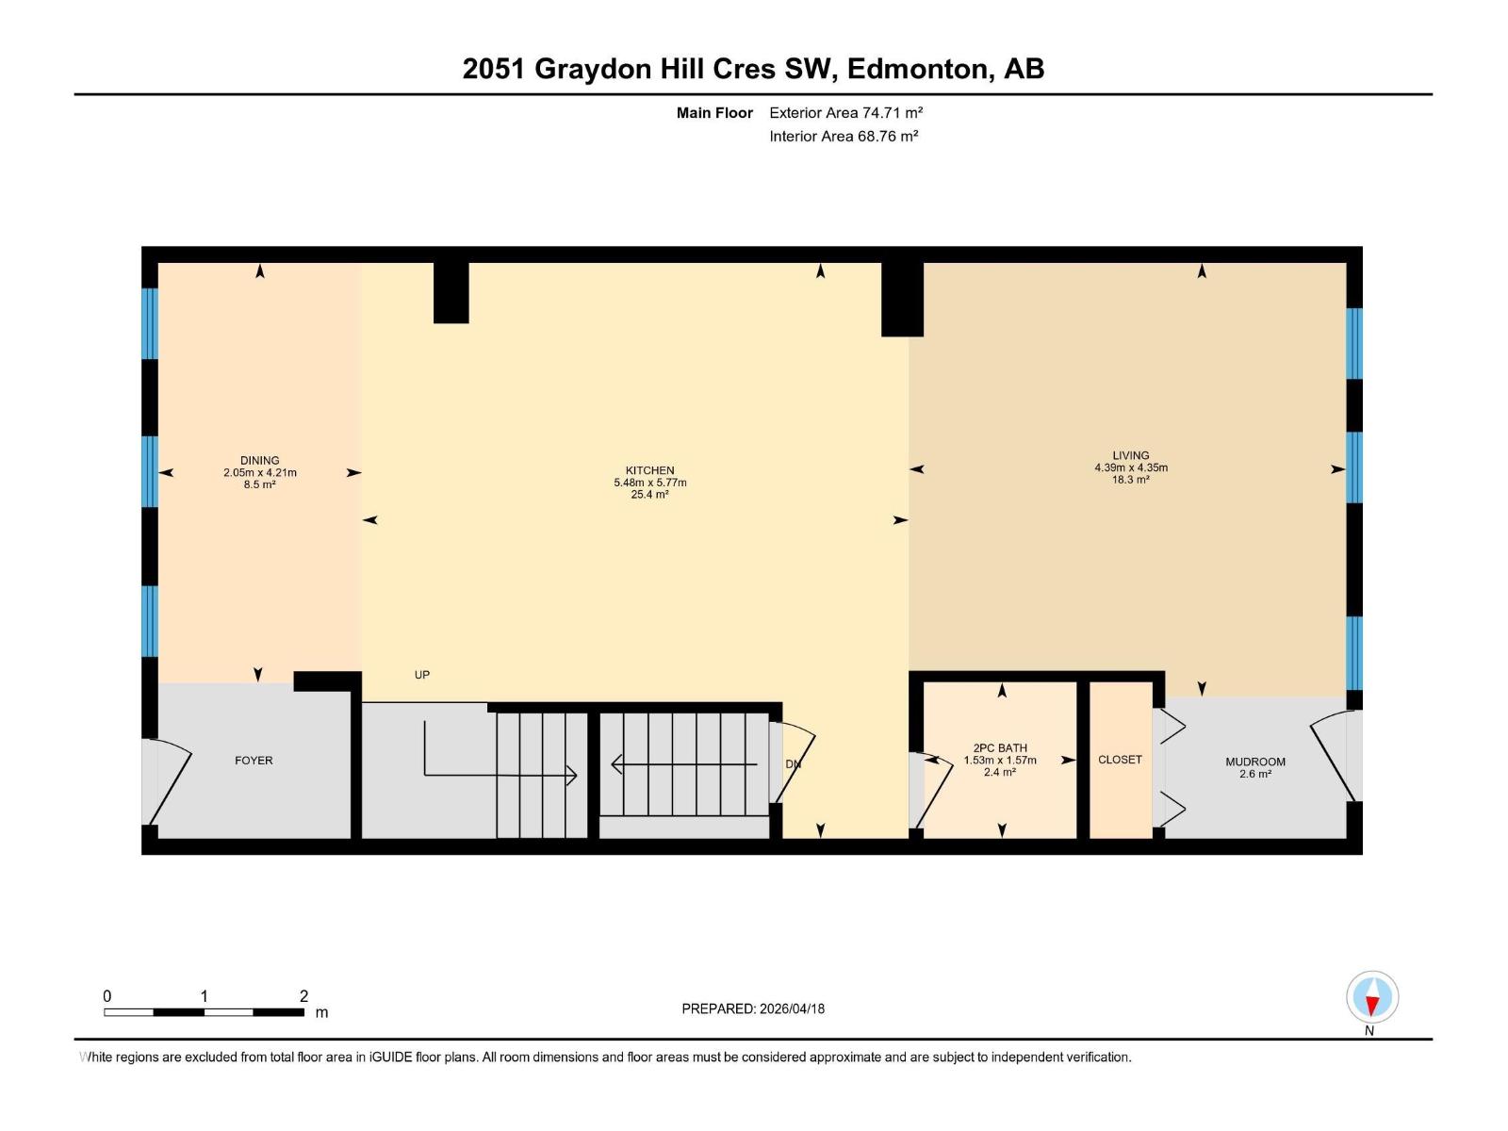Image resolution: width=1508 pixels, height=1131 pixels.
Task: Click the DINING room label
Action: tap(259, 461)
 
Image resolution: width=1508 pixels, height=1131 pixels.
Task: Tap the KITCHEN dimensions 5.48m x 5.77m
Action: tap(649, 483)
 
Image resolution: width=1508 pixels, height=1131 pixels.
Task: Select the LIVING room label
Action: tap(1130, 455)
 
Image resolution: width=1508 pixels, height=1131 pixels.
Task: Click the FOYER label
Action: tap(254, 761)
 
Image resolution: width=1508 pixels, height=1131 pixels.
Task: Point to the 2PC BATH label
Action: tap(1000, 748)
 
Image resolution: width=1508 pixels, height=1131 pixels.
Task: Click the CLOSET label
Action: tap(1120, 760)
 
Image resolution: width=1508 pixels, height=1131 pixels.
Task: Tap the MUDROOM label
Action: tap(1254, 762)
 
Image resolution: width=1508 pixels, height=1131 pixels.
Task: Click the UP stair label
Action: tap(422, 675)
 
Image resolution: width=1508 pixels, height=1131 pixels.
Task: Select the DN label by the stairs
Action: tap(793, 764)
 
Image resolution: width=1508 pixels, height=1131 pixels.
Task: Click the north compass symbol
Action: tap(1371, 998)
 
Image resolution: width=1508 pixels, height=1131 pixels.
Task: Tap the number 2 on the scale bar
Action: tap(303, 996)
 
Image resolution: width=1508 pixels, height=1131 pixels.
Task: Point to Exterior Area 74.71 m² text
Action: tap(845, 113)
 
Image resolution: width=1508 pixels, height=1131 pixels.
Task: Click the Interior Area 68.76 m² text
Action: tap(844, 137)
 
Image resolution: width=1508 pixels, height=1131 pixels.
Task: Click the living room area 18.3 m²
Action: tap(1130, 480)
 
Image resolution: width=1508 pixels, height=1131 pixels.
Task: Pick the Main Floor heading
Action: tap(714, 113)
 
